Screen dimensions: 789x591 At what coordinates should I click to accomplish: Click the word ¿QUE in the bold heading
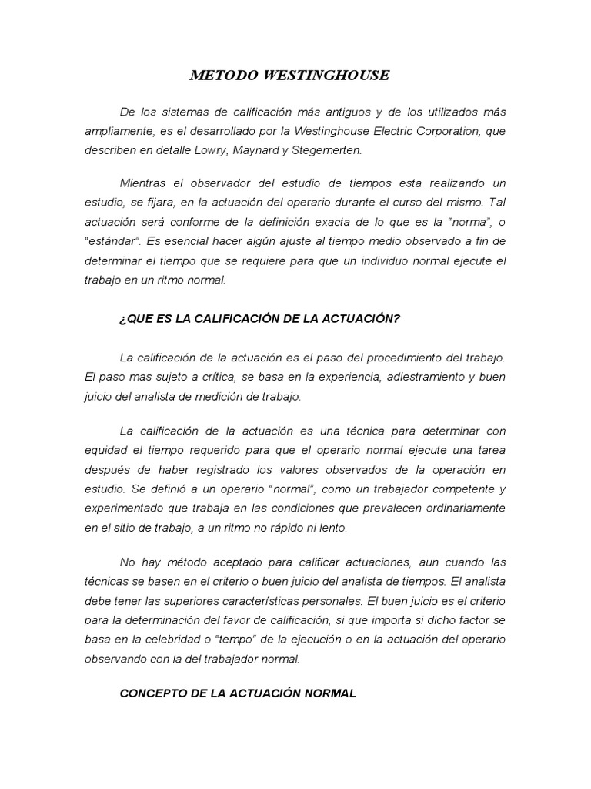click(135, 318)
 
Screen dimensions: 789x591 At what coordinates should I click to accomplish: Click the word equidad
click(105, 449)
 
